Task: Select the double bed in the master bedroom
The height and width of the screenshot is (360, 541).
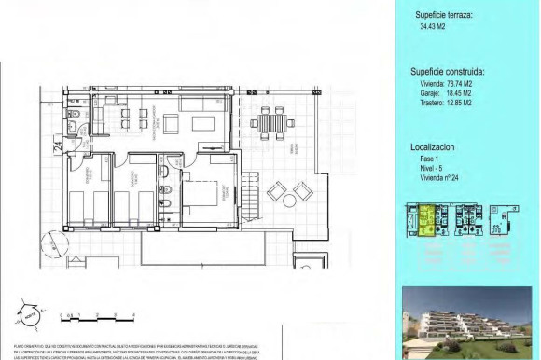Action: (x=201, y=194)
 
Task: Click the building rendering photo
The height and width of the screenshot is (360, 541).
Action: (x=465, y=323)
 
